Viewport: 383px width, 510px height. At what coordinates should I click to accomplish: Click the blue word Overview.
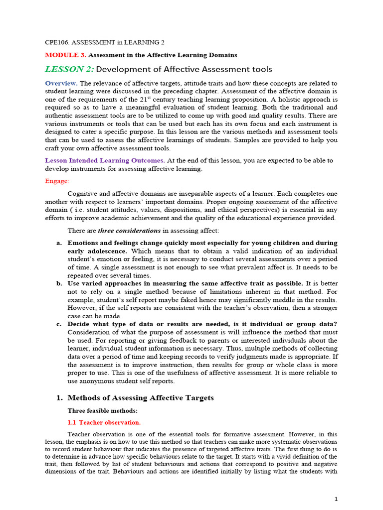point(61,83)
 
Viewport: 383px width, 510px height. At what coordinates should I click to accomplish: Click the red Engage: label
point(57,181)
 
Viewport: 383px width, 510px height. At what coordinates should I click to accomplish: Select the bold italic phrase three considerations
point(129,231)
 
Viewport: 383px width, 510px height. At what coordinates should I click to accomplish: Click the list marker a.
point(58,243)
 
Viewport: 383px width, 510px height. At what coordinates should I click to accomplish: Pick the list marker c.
point(58,324)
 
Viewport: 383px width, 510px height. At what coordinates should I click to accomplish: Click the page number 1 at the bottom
point(336,499)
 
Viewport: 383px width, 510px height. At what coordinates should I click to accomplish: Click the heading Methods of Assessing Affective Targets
point(140,397)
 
